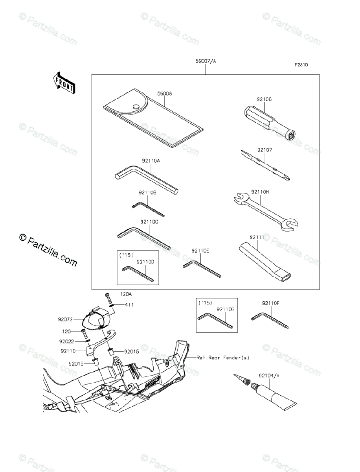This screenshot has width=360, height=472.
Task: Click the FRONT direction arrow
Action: pos(62,82)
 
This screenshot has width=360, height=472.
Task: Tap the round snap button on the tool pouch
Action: pos(136,106)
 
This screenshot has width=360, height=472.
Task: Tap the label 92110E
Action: pos(200,251)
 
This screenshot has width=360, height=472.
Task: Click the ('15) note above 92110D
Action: pos(126,255)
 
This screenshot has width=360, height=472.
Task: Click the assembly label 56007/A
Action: pos(206,61)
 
